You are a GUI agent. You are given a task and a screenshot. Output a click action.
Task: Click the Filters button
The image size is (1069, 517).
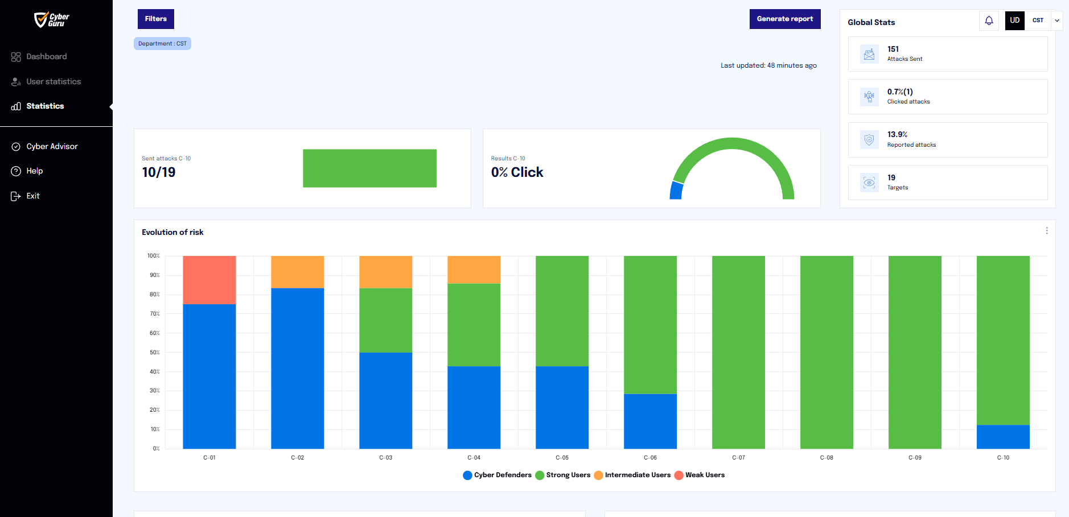point(155,19)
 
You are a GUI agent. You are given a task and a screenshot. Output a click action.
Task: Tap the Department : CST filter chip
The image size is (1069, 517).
point(162,44)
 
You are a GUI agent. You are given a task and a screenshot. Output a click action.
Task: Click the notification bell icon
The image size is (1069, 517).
point(989,20)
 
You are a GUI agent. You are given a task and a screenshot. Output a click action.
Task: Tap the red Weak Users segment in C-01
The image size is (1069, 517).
point(209,280)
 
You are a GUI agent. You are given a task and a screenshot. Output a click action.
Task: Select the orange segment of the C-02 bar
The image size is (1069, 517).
point(298,272)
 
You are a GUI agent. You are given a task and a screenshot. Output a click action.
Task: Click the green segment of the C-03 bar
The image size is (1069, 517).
point(386,320)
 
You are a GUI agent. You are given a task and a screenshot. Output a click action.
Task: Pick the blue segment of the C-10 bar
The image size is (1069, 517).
point(1003,437)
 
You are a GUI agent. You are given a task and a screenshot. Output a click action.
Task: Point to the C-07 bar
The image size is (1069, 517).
point(738,352)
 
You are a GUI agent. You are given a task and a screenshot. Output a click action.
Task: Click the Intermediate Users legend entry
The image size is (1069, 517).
point(632,475)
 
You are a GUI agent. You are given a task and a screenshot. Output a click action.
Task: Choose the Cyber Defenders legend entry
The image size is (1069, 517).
point(498,475)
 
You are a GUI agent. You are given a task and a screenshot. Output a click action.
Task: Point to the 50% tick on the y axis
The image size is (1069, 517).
point(155,353)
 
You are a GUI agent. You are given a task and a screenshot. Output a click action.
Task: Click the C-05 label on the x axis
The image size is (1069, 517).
point(562,457)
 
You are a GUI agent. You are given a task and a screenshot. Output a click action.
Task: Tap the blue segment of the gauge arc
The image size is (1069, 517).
point(677,191)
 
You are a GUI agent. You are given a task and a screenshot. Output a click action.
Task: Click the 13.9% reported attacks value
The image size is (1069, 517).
point(897,134)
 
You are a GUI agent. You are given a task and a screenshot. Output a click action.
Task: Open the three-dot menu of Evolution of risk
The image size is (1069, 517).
point(1047,231)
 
